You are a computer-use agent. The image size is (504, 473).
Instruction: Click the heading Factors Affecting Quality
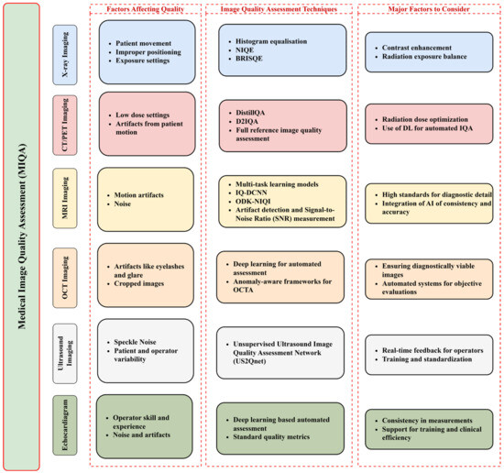(x=147, y=9)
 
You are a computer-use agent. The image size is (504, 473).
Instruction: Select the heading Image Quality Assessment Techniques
(x=282, y=9)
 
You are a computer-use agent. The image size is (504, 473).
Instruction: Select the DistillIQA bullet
(x=258, y=113)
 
